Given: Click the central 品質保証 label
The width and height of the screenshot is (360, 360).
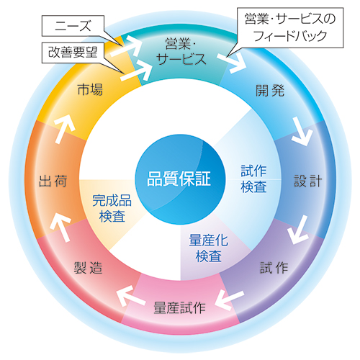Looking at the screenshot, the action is [179, 179].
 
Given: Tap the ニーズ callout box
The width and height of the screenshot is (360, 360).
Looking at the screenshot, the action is [73, 26].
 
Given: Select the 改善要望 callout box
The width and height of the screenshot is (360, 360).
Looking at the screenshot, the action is [73, 53].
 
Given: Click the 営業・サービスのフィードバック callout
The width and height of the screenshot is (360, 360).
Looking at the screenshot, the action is [290, 27].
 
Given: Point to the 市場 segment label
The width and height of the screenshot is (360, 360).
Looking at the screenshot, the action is [90, 90].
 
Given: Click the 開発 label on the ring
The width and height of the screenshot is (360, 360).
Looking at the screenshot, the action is [270, 91].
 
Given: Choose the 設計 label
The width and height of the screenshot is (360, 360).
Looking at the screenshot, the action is [308, 181].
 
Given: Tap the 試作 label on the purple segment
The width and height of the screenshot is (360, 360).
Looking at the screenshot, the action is [274, 267].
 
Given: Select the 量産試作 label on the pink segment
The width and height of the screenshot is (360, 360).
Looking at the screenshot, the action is [179, 307].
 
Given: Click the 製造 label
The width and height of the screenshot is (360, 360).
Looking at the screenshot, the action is [88, 267].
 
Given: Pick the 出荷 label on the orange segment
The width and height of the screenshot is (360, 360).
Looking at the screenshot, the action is [53, 181].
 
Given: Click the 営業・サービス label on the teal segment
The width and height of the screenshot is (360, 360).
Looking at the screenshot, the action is [181, 51].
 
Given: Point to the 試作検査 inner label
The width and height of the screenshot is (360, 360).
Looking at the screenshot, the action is [253, 179].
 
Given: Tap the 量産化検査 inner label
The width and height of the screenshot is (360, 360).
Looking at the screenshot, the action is [208, 248].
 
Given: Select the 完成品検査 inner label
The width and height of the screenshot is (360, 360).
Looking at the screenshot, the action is [112, 208].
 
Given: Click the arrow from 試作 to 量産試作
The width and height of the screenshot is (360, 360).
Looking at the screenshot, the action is [229, 300].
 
